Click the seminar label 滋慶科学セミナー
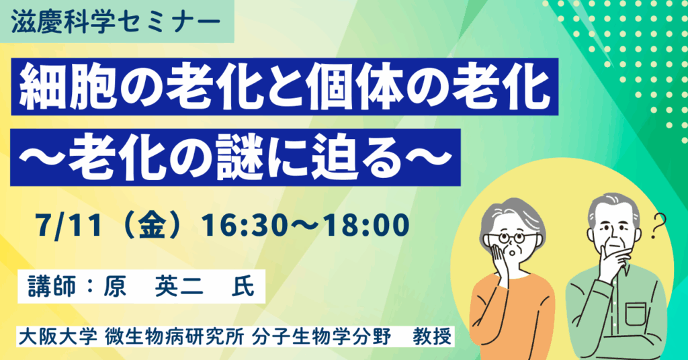[116, 22]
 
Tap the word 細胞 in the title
[64, 87]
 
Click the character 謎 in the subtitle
[239, 158]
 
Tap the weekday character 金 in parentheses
[153, 226]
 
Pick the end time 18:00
[367, 226]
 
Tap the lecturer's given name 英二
[179, 287]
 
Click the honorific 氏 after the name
[243, 287]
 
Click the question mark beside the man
[658, 226]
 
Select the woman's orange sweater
[511, 316]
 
